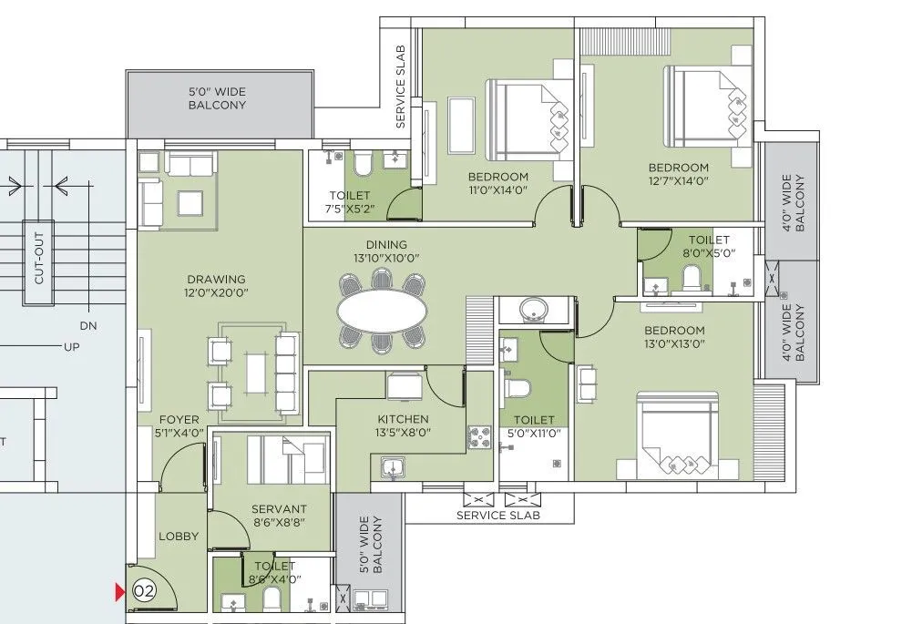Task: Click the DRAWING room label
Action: (217, 279)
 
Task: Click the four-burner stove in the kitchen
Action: (479, 437)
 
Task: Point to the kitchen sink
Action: (393, 469)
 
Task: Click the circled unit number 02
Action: (144, 591)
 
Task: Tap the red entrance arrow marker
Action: (118, 592)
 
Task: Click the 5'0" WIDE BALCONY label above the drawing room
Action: (217, 98)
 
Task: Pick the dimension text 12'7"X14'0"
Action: (678, 182)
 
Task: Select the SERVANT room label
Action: (280, 508)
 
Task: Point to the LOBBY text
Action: (178, 537)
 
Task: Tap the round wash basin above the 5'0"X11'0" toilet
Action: (537, 311)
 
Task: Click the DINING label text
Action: (386, 244)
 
